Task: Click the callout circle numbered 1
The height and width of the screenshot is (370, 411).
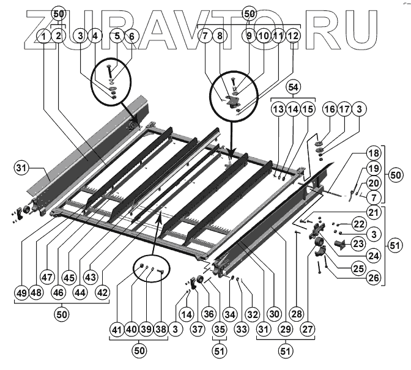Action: (x=43, y=37)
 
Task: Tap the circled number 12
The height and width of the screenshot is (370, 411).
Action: (x=294, y=37)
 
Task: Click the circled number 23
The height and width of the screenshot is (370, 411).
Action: (x=374, y=245)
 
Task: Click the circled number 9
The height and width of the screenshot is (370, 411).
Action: (x=249, y=37)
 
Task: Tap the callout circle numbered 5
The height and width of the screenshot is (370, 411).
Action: (x=117, y=37)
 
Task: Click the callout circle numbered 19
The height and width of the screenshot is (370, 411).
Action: (x=374, y=169)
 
